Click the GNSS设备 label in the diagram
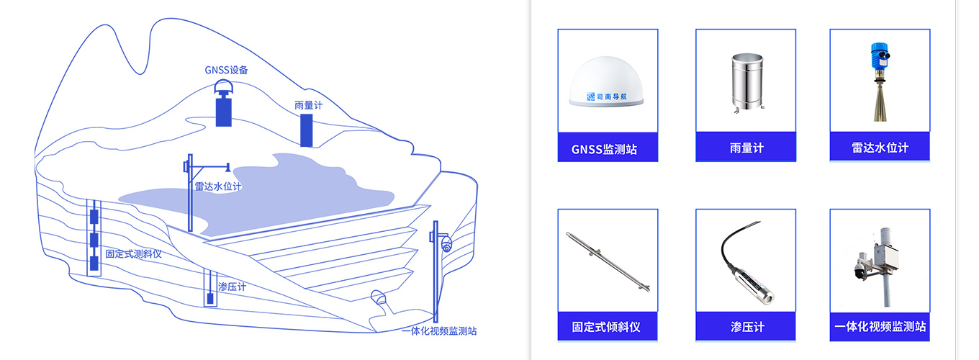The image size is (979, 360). (226, 71)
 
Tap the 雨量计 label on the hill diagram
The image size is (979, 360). (308, 104)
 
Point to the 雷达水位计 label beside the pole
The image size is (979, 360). (218, 186)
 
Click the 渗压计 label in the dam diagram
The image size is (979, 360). (232, 287)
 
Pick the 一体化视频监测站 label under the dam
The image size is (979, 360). (439, 331)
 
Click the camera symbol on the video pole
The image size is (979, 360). (446, 243)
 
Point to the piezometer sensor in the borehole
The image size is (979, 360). (210, 297)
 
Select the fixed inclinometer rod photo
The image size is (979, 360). (608, 261)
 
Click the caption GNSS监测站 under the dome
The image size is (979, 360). (608, 150)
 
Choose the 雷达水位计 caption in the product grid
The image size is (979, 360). (880, 148)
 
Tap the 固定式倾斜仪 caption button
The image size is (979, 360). (608, 327)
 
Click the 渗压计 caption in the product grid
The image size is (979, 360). (746, 327)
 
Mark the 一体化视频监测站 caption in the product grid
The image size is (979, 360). (880, 327)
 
